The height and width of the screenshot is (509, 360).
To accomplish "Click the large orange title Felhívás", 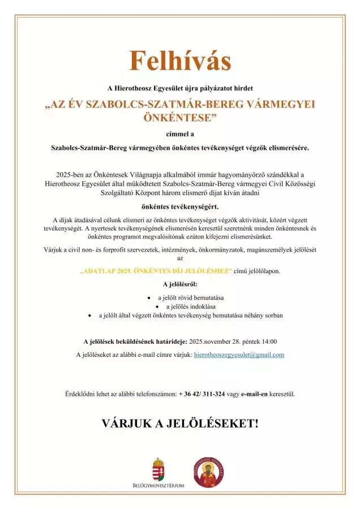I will pos(179,61).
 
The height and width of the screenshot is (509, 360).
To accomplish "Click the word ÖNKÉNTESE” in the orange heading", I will pos(179,118).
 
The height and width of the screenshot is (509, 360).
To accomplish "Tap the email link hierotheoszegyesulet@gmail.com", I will pos(239,355).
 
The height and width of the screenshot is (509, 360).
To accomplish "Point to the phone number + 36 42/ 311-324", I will pos(202,394).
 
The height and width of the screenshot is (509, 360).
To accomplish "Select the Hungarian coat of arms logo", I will pos(158,468).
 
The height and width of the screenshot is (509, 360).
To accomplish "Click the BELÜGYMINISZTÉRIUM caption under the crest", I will pos(158,486).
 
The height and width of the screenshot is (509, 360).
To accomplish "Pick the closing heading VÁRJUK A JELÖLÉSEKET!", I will pos(179,423).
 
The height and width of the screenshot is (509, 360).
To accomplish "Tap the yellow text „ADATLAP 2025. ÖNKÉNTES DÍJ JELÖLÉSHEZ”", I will pos(155,271).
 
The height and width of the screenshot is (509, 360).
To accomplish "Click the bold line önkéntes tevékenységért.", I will pos(179,206).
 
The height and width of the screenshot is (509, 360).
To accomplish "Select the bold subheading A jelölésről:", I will pos(179,284).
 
